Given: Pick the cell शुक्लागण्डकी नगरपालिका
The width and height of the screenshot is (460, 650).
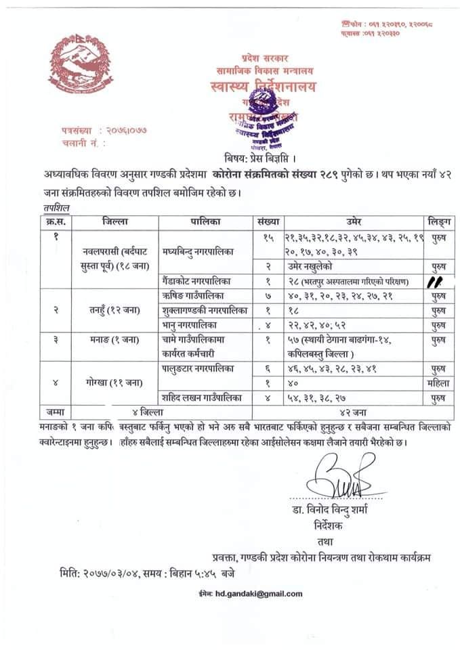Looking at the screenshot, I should tap(201, 310).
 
